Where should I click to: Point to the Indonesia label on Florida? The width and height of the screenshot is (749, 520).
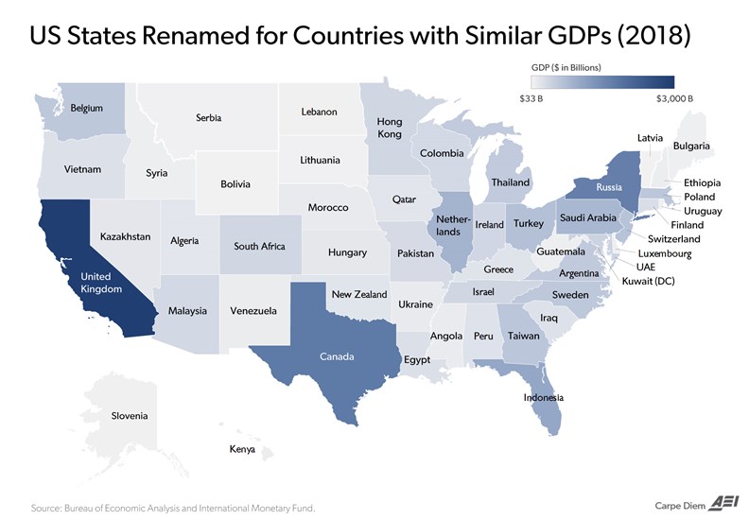[544, 397]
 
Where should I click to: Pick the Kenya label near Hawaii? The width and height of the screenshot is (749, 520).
[242, 449]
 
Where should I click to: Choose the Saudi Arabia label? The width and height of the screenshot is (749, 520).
[588, 217]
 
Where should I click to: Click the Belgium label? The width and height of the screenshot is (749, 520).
[86, 108]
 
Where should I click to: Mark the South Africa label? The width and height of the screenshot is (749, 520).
[259, 247]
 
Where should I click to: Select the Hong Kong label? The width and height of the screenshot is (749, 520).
[390, 128]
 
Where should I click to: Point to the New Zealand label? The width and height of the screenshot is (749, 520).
[359, 295]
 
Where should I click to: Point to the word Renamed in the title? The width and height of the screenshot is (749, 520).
[185, 35]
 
